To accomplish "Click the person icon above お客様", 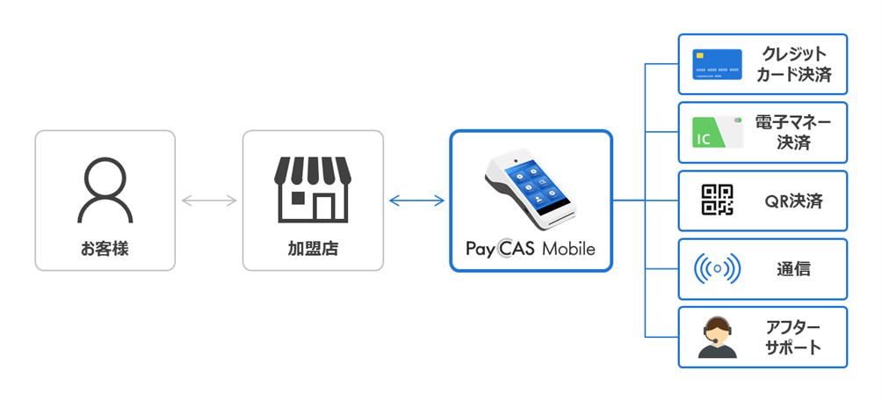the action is click(105, 189).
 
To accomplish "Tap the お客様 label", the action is click(105, 249).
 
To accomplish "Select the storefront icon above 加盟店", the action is click(313, 189).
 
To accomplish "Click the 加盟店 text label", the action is click(313, 249).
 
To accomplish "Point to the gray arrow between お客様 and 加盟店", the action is click(209, 201).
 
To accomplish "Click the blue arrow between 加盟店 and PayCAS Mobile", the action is click(416, 201).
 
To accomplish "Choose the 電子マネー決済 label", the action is click(792, 132).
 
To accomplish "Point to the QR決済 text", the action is click(793, 201).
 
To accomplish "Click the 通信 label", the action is click(793, 269).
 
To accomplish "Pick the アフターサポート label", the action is click(792, 337).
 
